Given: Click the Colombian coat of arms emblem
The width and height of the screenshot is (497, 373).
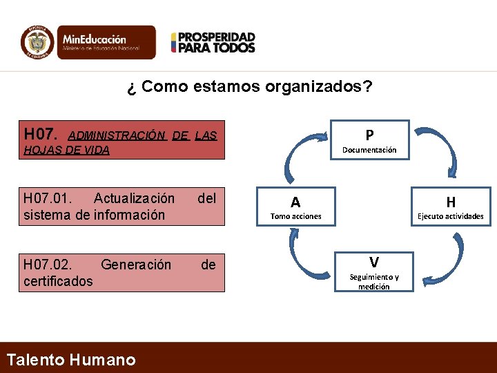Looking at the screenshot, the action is [37, 42].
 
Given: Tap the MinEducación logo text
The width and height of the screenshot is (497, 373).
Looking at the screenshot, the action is [95, 40].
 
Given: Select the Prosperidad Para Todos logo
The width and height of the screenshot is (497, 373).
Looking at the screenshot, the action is [213, 42].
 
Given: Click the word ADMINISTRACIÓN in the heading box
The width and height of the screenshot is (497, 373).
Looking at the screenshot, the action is [117, 135].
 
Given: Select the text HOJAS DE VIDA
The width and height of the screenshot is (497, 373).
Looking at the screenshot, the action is [66, 150].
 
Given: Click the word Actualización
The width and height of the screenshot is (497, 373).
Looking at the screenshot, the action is [134, 199].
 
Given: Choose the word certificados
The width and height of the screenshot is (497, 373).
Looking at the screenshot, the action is [58, 281].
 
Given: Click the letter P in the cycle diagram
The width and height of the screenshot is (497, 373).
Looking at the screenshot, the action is [370, 135].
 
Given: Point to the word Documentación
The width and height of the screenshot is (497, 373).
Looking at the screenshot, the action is [370, 149].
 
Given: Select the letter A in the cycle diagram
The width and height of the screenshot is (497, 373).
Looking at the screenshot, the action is [295, 202].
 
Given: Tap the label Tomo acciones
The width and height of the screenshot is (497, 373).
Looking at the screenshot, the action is [295, 216].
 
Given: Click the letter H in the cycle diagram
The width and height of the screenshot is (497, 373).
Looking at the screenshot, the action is [451, 202].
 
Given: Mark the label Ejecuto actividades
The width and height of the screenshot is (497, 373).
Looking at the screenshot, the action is [451, 216].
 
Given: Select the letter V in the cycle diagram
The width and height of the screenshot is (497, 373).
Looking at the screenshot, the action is [373, 262].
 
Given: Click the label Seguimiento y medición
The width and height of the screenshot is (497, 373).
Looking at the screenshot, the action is [373, 281].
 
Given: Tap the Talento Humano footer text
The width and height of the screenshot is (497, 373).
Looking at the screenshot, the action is [70, 359].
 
